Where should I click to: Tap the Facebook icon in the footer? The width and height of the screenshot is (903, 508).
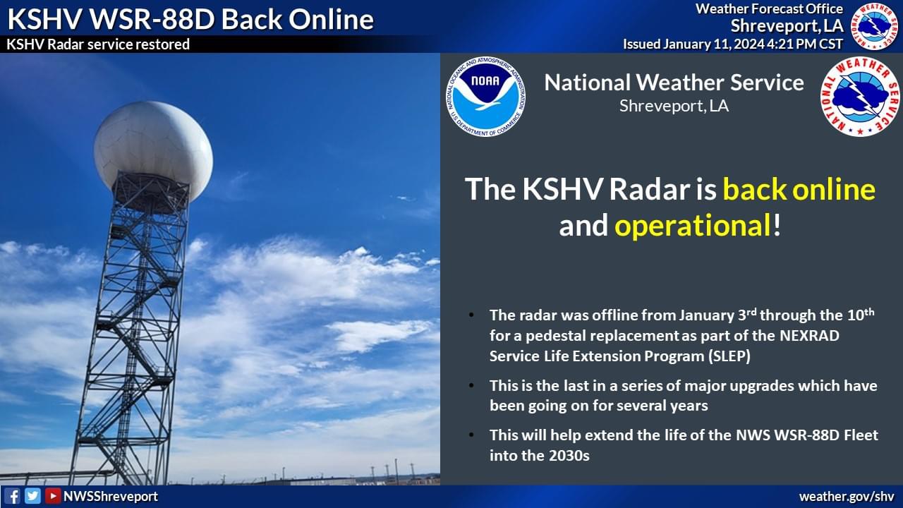(12, 496)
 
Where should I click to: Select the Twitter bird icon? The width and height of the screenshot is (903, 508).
(32, 496)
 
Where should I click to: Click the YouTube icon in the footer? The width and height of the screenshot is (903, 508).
(53, 496)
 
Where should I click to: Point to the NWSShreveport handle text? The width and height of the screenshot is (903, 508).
(111, 496)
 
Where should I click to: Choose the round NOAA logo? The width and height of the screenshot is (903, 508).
(486, 97)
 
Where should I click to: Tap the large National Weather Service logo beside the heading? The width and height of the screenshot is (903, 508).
(860, 97)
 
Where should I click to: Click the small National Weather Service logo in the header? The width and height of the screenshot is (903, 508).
(875, 26)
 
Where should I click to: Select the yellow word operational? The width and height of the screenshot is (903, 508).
(693, 226)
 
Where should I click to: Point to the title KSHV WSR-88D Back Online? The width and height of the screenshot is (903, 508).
(190, 19)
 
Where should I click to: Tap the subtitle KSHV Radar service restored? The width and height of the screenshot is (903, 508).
(98, 44)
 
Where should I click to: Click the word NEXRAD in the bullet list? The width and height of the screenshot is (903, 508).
(809, 335)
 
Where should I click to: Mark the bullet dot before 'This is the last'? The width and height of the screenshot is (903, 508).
(471, 385)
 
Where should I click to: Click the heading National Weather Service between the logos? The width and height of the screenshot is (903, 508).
(674, 83)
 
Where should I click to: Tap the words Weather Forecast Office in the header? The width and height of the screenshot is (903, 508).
(769, 9)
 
